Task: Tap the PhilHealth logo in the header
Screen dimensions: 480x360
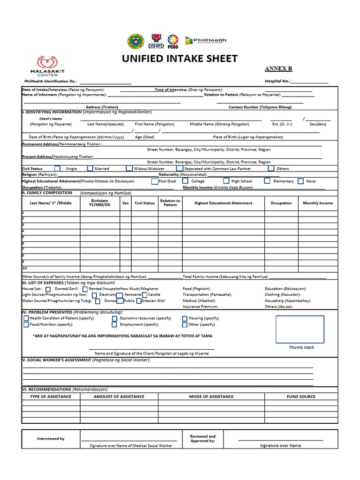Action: tap(206, 41)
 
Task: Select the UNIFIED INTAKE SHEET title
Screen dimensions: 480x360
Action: tap(180, 59)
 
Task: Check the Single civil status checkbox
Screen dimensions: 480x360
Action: tap(57, 168)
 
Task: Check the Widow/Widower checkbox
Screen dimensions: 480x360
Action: tap(129, 168)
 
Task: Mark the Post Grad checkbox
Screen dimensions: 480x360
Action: tap(155, 181)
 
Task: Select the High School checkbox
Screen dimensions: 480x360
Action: tap(226, 181)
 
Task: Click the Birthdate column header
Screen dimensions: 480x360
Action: tap(100, 202)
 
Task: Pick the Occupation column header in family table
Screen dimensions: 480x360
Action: tap(281, 203)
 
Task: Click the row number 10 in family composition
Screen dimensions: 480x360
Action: tap(25, 268)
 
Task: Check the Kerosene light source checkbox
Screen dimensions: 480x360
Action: tap(120, 295)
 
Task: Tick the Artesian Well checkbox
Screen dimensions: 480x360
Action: tap(139, 301)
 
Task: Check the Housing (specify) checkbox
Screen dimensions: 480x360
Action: tap(185, 318)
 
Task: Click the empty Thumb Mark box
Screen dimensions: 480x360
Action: tap(300, 330)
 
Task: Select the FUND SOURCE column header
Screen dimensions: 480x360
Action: tap(301, 397)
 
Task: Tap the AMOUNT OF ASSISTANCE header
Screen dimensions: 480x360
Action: tap(119, 397)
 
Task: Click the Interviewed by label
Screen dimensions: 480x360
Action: tap(51, 439)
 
